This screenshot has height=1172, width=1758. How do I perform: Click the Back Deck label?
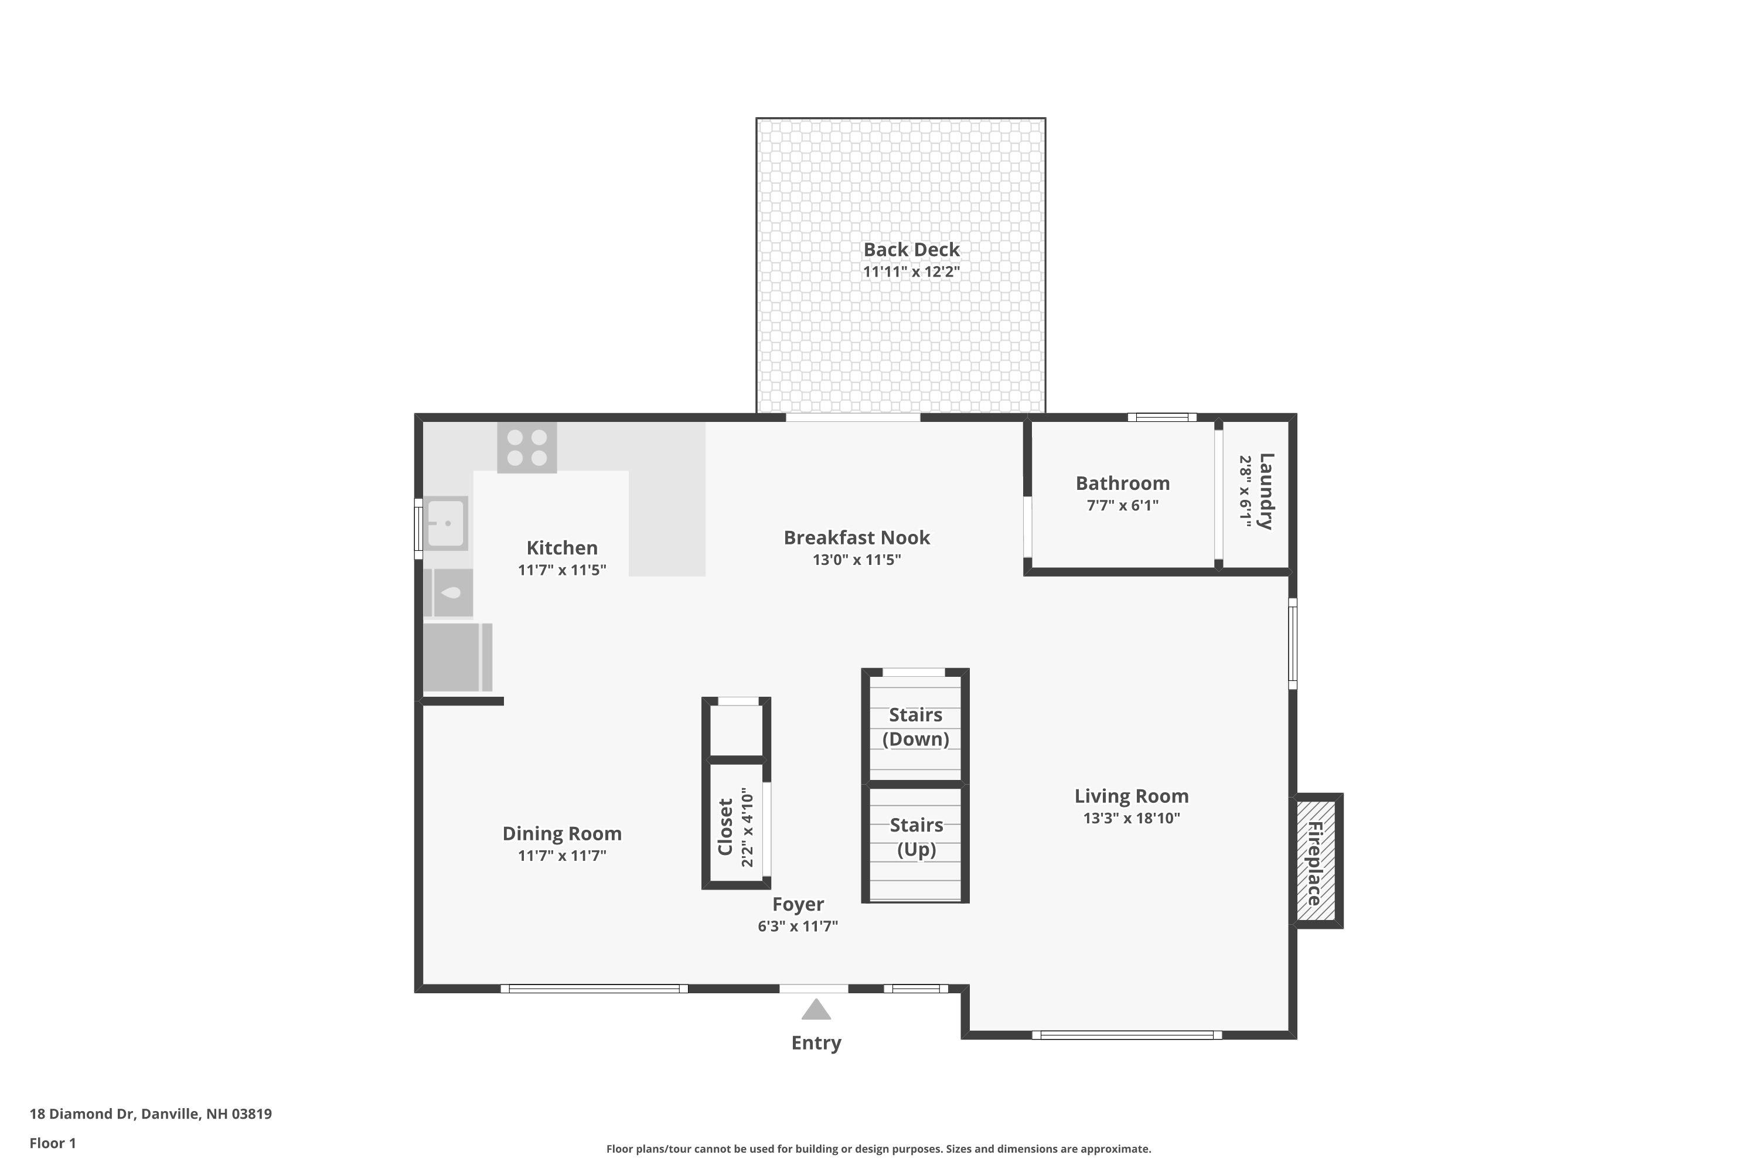911,250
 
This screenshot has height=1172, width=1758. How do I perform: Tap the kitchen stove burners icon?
527,447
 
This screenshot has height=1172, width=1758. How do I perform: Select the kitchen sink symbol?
446,523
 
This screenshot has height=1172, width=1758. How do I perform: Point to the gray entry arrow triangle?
816,1009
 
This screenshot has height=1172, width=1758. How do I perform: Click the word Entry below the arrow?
816,1042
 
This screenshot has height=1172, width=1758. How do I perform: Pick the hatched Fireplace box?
1316,861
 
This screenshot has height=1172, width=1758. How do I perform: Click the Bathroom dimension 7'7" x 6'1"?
1123,505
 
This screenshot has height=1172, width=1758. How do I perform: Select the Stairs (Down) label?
915,727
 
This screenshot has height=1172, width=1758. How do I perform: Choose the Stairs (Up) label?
917,837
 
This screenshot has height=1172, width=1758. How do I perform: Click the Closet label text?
725,827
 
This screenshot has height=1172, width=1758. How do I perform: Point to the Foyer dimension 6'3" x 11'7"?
798,926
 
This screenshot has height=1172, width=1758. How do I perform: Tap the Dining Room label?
562,833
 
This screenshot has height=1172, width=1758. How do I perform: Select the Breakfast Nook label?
857,537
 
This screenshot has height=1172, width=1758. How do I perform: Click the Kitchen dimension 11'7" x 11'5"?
562,570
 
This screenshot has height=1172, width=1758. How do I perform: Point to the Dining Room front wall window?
594,989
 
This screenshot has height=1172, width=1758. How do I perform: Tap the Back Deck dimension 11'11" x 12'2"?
911,271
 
